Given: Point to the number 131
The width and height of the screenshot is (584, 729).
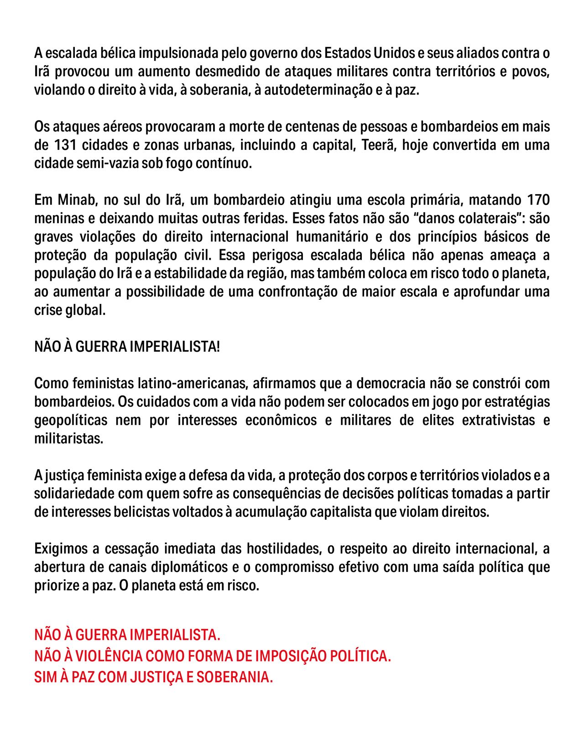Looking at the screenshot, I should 65,145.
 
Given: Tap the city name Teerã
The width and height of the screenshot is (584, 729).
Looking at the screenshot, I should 377,145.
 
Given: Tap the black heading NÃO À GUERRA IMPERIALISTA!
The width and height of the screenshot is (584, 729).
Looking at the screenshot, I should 127,347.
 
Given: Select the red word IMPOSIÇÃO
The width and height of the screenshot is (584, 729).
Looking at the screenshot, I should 290,656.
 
